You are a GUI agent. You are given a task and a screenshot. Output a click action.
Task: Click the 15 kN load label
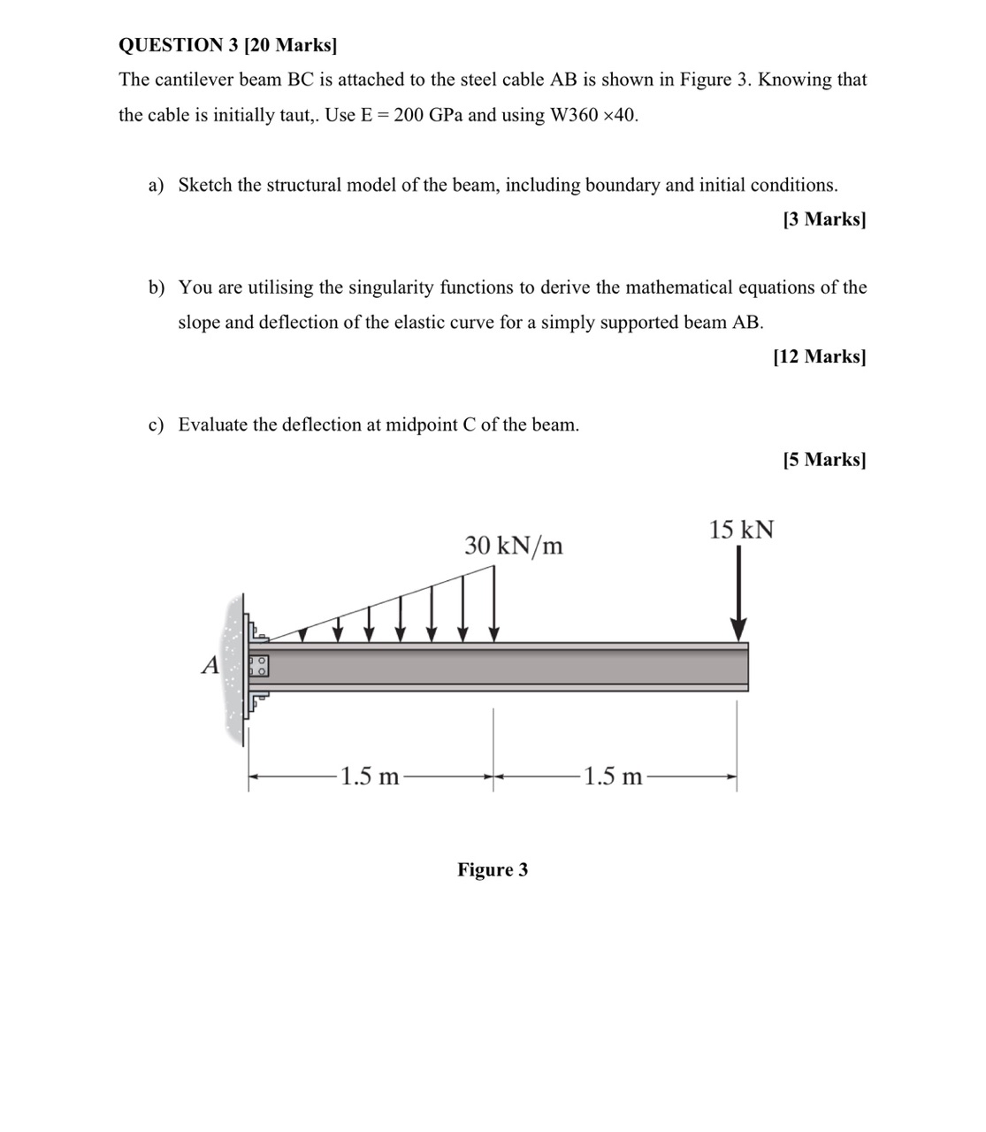[x=741, y=530]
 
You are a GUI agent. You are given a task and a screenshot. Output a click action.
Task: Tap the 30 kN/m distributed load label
[x=514, y=546]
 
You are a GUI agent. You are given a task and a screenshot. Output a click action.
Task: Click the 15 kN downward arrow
[x=739, y=593]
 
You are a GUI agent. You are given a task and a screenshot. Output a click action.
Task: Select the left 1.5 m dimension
[x=370, y=777]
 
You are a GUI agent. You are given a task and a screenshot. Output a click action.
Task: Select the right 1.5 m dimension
[x=614, y=777]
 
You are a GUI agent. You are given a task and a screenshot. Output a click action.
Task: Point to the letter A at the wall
[x=210, y=665]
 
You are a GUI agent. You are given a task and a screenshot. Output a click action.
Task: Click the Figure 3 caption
[x=493, y=869]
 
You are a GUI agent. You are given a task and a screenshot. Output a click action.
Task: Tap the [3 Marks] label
[x=824, y=219]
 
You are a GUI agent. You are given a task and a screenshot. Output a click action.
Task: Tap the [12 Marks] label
[x=819, y=356]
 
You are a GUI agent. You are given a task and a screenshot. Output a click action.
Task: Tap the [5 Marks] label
[x=824, y=459]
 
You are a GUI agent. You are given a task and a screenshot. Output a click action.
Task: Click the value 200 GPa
[x=427, y=116]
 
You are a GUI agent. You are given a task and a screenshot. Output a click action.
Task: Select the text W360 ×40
[x=592, y=116]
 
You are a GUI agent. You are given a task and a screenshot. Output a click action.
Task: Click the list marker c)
[x=156, y=424]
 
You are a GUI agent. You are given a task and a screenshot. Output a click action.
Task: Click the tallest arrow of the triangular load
[x=493, y=601]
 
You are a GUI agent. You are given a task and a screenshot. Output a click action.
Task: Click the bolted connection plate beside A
[x=258, y=665]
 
